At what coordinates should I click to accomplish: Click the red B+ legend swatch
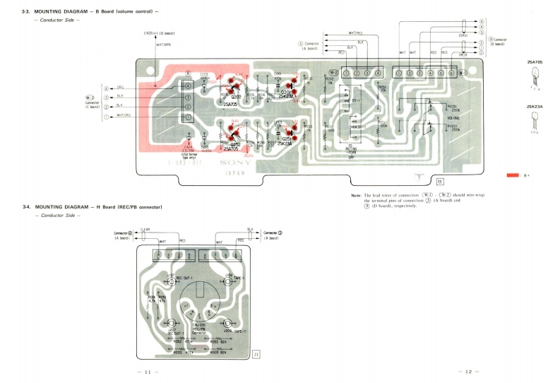[513, 175]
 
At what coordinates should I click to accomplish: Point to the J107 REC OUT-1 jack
[171, 281]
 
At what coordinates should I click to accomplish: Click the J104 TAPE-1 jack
[229, 281]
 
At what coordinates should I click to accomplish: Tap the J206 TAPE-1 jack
[227, 324]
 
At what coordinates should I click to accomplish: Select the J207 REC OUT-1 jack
[172, 324]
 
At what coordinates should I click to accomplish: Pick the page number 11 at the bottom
[148, 372]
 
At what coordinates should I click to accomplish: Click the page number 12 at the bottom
[469, 372]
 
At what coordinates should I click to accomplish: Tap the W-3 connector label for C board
[90, 98]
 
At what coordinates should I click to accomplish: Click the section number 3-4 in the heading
[26, 206]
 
